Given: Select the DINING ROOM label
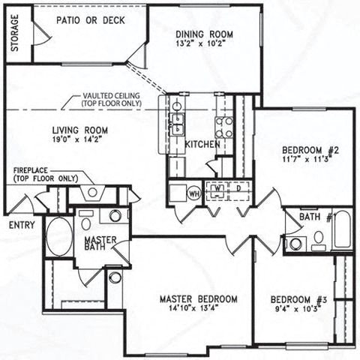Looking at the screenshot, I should click(x=203, y=34).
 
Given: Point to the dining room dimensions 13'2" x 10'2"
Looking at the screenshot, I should click(x=203, y=43).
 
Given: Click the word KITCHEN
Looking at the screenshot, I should click(x=202, y=144).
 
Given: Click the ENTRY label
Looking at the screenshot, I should click(x=21, y=224).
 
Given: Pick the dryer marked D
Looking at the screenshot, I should click(x=238, y=187).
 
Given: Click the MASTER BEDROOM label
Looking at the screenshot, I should click(x=199, y=299).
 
